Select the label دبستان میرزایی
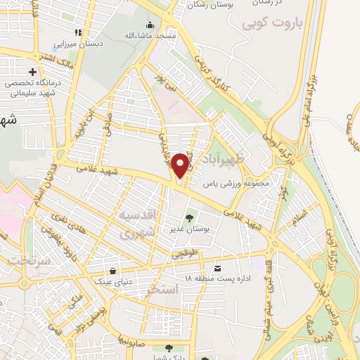point(75,43)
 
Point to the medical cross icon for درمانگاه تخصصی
point(32,72)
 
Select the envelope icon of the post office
point(217,269)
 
